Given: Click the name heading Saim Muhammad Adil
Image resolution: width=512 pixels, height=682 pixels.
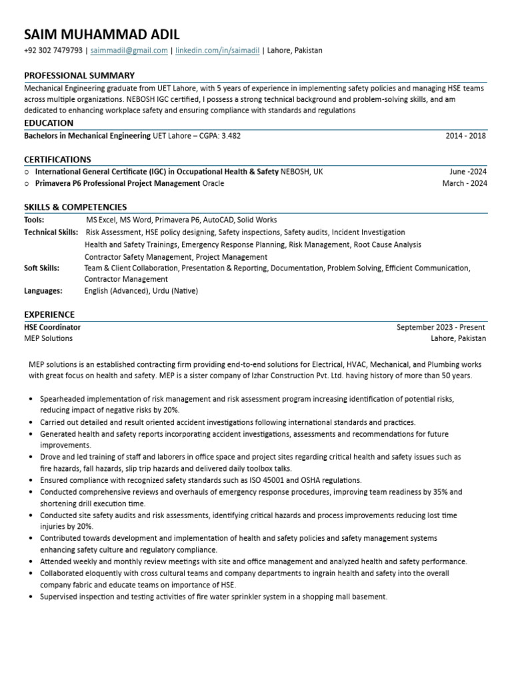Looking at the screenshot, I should [x=102, y=35].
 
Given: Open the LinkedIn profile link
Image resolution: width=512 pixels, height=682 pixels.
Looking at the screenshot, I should [x=217, y=51].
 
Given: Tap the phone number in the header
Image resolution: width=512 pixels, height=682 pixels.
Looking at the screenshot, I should [x=53, y=51].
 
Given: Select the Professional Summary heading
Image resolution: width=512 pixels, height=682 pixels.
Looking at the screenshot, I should [x=79, y=75].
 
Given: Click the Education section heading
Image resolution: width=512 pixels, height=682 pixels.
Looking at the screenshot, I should [x=49, y=123].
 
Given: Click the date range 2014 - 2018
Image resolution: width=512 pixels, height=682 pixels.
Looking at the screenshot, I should [x=466, y=136].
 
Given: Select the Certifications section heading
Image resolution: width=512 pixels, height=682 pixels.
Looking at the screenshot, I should [x=57, y=160].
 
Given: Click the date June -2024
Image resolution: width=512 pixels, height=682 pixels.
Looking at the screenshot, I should [x=468, y=172].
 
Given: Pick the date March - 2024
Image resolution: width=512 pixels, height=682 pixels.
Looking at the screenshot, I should [x=465, y=184].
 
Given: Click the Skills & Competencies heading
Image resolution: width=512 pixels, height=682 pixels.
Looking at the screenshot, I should [x=75, y=207].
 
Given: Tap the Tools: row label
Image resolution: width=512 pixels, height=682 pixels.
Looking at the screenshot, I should [x=34, y=220].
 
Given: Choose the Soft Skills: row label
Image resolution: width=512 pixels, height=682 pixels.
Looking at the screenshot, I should [x=41, y=268].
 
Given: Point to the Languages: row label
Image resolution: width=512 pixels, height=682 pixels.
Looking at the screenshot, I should [x=43, y=291].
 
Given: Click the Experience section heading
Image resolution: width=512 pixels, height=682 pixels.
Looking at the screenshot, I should [x=49, y=314].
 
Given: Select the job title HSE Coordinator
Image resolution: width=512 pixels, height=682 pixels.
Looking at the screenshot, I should [x=53, y=328].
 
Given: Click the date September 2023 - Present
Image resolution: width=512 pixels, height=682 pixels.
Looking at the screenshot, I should [x=441, y=328].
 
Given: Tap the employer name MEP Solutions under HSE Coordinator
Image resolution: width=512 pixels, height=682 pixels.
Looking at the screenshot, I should [x=49, y=338].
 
